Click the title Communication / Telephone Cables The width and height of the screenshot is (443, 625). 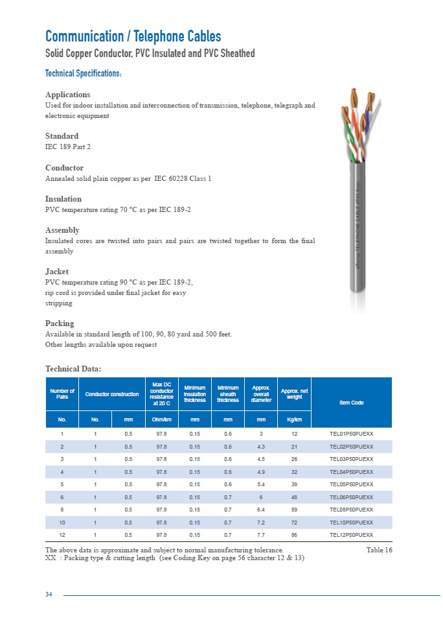[133, 36]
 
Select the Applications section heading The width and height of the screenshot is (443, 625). [67, 95]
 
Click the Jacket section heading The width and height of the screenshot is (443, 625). [56, 272]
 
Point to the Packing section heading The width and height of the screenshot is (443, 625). [60, 324]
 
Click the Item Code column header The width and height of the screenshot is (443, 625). [352, 403]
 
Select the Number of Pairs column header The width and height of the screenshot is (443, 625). [62, 394]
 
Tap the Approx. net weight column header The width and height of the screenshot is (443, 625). [294, 394]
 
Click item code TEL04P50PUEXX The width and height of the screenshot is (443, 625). [352, 472]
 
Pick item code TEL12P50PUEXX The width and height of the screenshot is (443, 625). [352, 535]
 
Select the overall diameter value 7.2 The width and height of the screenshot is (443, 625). [261, 523]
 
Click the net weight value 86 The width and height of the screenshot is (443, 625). [294, 535]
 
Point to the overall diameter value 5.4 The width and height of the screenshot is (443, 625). [261, 484]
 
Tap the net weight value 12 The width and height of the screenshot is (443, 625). [294, 434]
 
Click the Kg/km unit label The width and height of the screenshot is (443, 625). [294, 419]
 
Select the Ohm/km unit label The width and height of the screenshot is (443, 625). [161, 419]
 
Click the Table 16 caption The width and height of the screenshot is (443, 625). [379, 550]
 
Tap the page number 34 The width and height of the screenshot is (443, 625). [49, 595]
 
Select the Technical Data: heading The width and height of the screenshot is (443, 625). [73, 369]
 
